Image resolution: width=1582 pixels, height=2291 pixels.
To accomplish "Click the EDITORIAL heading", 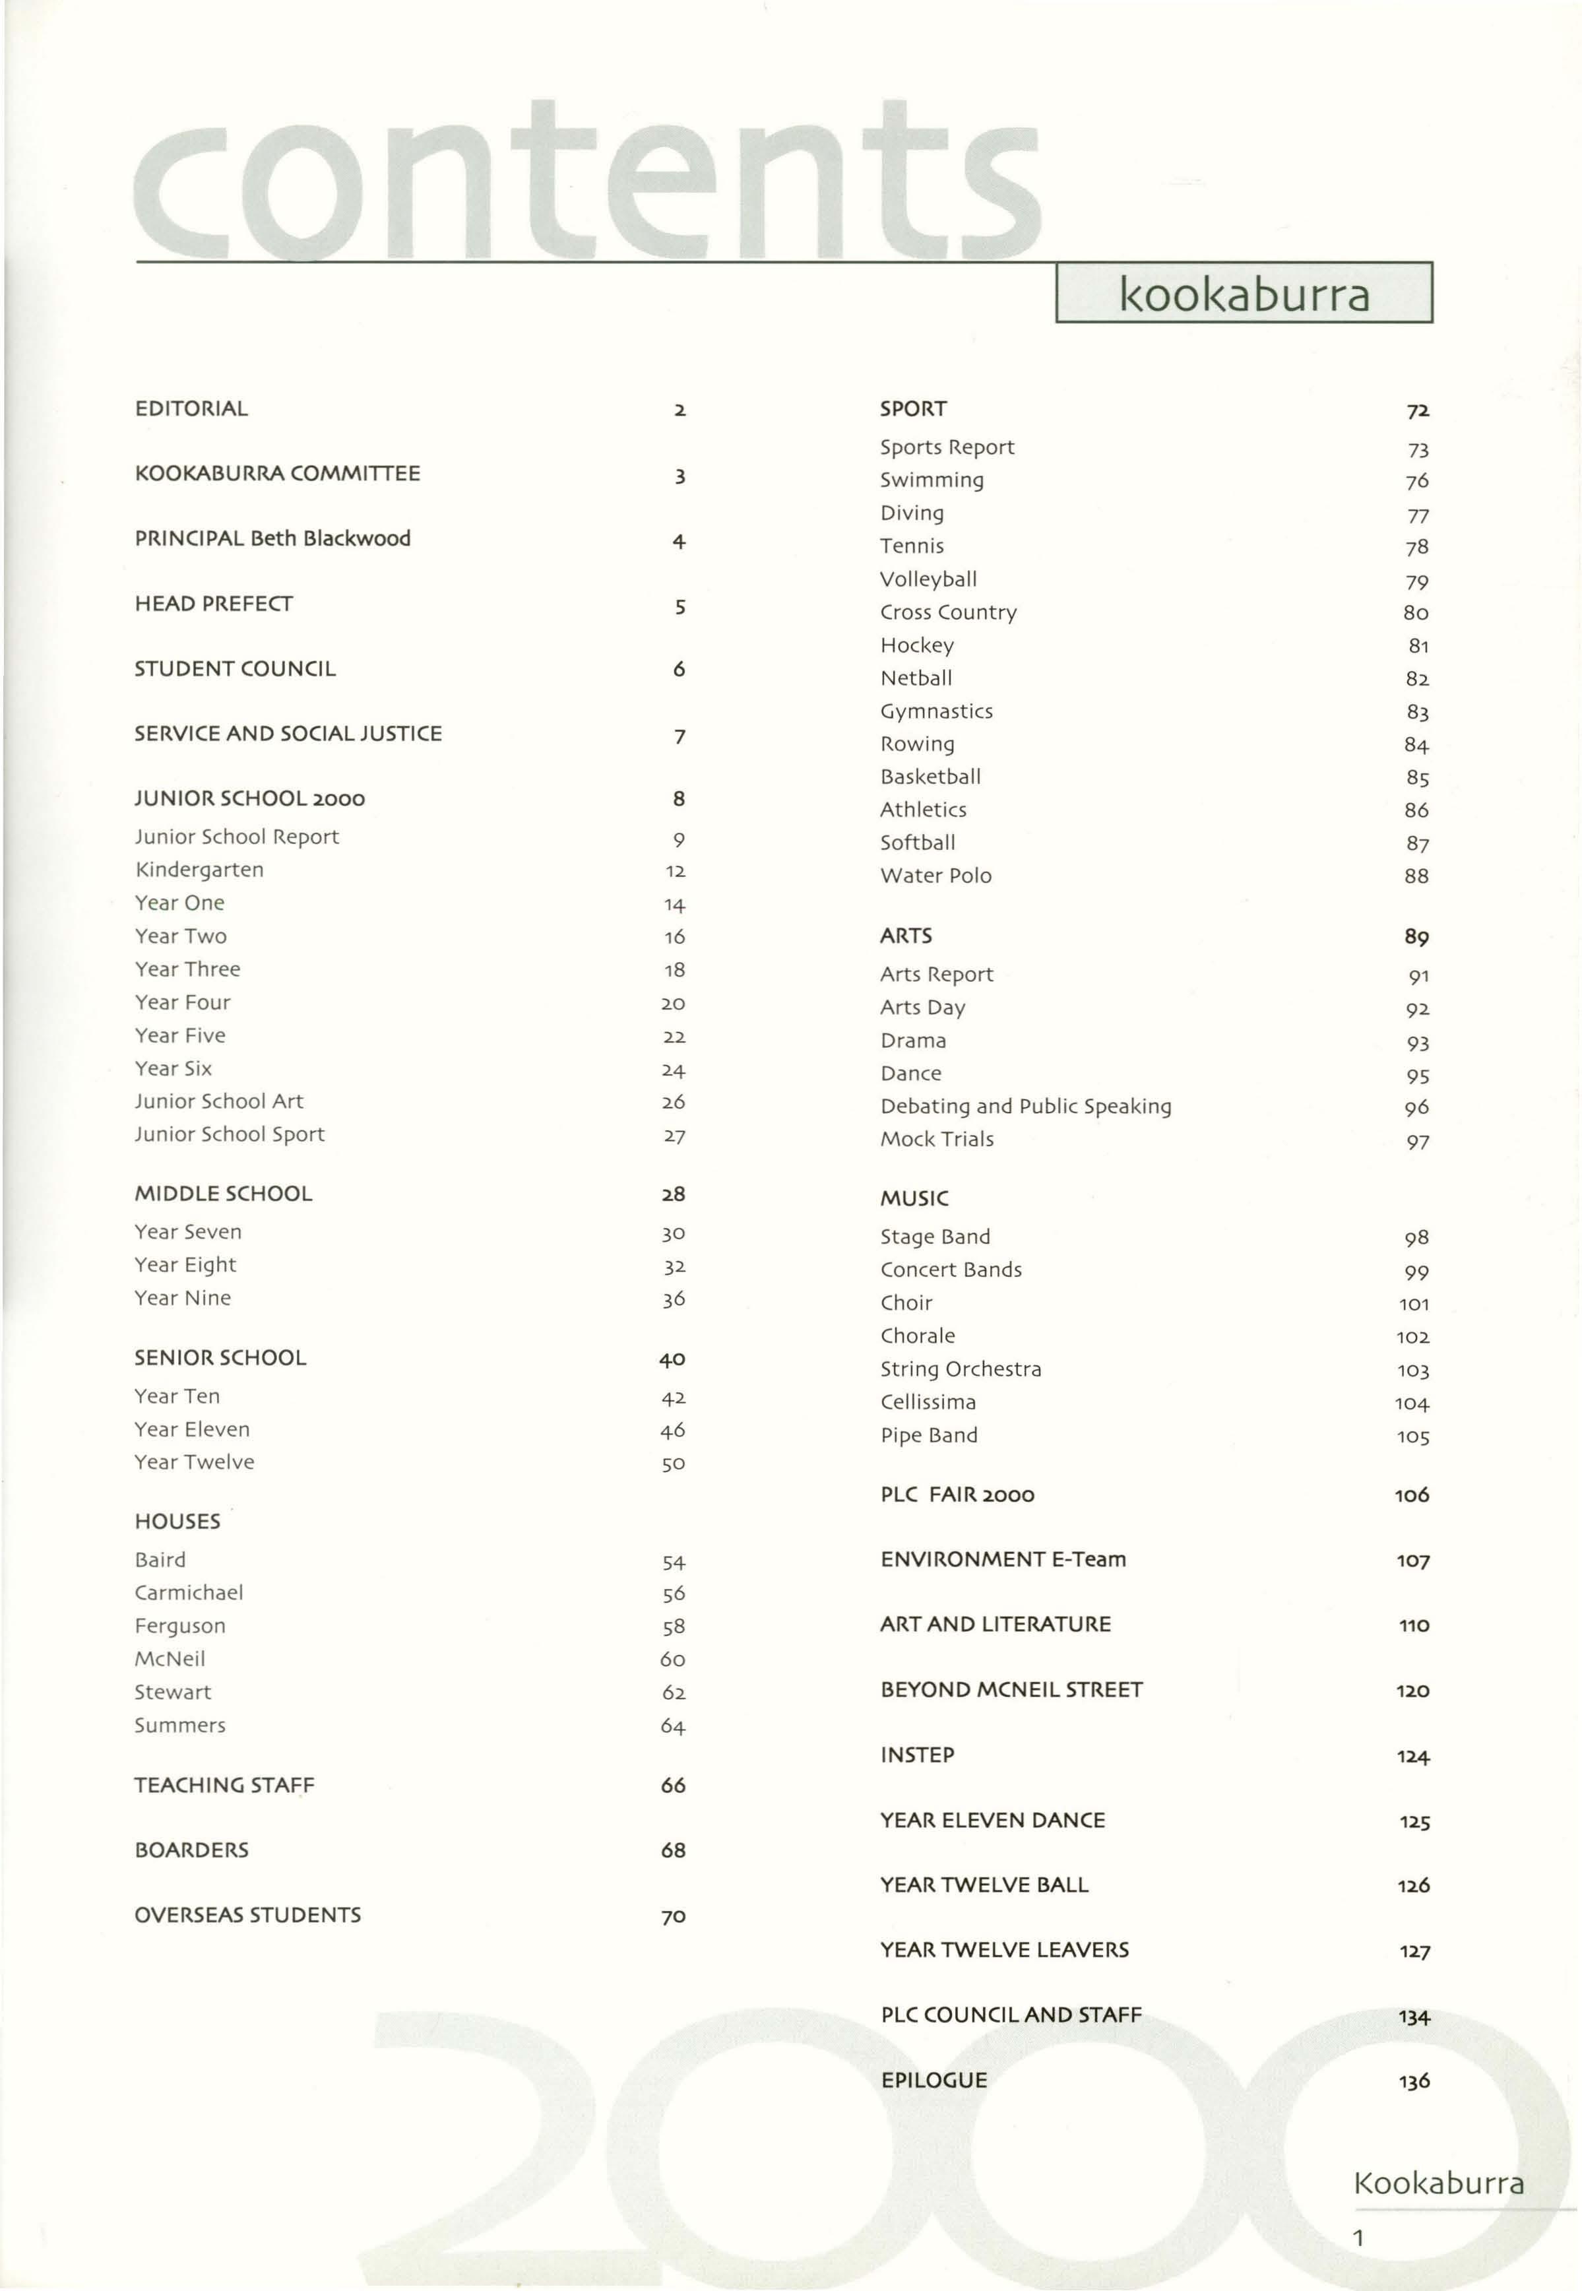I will coord(191,408).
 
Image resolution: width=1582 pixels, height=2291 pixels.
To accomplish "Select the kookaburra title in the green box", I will coord(1244,294).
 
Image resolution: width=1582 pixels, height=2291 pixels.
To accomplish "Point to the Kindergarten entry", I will coord(199,870).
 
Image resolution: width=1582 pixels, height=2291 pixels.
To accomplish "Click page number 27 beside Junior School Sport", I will coord(674,1136).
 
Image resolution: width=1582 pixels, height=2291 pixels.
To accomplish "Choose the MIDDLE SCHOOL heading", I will coord(223,1194).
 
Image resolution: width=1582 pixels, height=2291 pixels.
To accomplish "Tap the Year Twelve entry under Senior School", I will coord(194,1462).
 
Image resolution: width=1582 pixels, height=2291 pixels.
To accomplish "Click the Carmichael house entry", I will coord(188,1592).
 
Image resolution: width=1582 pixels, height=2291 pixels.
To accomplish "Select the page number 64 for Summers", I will coord(673,1726).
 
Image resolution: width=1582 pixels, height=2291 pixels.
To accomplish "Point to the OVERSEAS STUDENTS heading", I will coord(248,1914).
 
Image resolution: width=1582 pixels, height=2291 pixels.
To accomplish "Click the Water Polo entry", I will coord(935,876).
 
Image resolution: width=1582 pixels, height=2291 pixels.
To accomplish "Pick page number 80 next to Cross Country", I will coord(1416,612).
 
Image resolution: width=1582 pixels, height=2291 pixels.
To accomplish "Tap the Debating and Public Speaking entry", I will coord(1026,1107).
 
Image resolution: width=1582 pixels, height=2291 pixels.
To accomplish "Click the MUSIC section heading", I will coord(914,1198).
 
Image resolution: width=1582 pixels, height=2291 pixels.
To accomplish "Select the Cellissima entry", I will coord(928,1402).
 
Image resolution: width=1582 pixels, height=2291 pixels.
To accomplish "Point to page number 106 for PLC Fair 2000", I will coord(1412,1495).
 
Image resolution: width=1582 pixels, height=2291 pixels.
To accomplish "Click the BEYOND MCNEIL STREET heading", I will coord(1011,1689).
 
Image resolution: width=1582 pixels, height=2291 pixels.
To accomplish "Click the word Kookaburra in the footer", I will coord(1438,2182).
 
